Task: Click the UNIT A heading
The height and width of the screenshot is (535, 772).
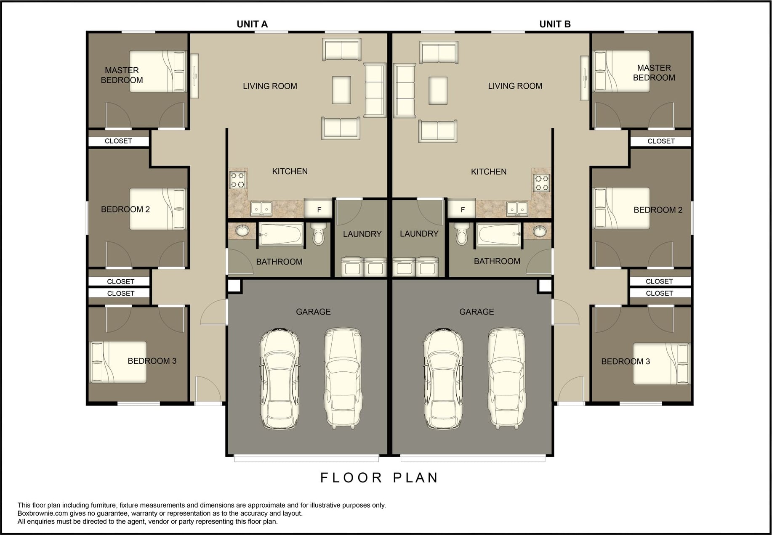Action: [252, 24]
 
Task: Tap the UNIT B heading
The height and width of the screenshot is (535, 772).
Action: [555, 24]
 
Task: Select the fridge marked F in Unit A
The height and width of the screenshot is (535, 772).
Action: [318, 208]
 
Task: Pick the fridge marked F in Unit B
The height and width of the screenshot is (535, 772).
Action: [462, 208]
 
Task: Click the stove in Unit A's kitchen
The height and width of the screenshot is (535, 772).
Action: [238, 180]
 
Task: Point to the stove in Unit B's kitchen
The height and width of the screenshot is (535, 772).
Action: [541, 183]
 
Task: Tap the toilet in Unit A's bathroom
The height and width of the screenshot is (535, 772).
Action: [319, 234]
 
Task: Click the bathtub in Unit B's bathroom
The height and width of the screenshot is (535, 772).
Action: [498, 235]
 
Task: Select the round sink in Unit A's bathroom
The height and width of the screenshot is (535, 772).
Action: [242, 230]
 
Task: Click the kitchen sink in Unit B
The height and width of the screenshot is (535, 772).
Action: [517, 208]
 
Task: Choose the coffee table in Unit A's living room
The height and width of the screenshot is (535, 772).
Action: [341, 90]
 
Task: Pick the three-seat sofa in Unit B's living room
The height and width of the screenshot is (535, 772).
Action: [405, 90]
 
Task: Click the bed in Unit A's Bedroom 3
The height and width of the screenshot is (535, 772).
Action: [119, 362]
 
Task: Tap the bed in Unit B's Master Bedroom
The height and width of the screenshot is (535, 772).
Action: [621, 71]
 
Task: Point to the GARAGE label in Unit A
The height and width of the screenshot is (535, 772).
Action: [313, 312]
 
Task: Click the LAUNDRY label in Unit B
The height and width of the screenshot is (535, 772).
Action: [419, 234]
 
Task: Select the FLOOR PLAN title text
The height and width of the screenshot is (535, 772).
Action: [379, 478]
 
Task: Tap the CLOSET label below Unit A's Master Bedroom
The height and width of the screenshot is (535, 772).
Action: [118, 141]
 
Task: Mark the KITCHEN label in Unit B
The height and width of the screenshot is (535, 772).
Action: [489, 172]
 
